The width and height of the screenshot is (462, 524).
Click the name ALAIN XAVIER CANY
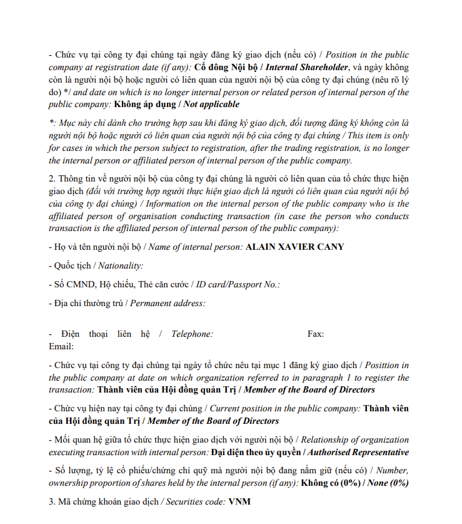coord(294,247)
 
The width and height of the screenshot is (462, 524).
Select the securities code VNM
coord(239,501)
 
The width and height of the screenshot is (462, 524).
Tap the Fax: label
coord(316,334)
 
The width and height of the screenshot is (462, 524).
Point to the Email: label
coord(61,346)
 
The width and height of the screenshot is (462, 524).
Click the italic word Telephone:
coord(192,334)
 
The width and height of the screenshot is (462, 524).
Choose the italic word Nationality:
coord(121,265)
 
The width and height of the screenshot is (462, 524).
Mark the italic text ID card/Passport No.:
coord(238,284)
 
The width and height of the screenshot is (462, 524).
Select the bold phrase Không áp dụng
coord(144,105)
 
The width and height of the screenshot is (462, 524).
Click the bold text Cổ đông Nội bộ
coord(226,67)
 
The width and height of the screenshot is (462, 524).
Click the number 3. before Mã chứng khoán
coord(52,501)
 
